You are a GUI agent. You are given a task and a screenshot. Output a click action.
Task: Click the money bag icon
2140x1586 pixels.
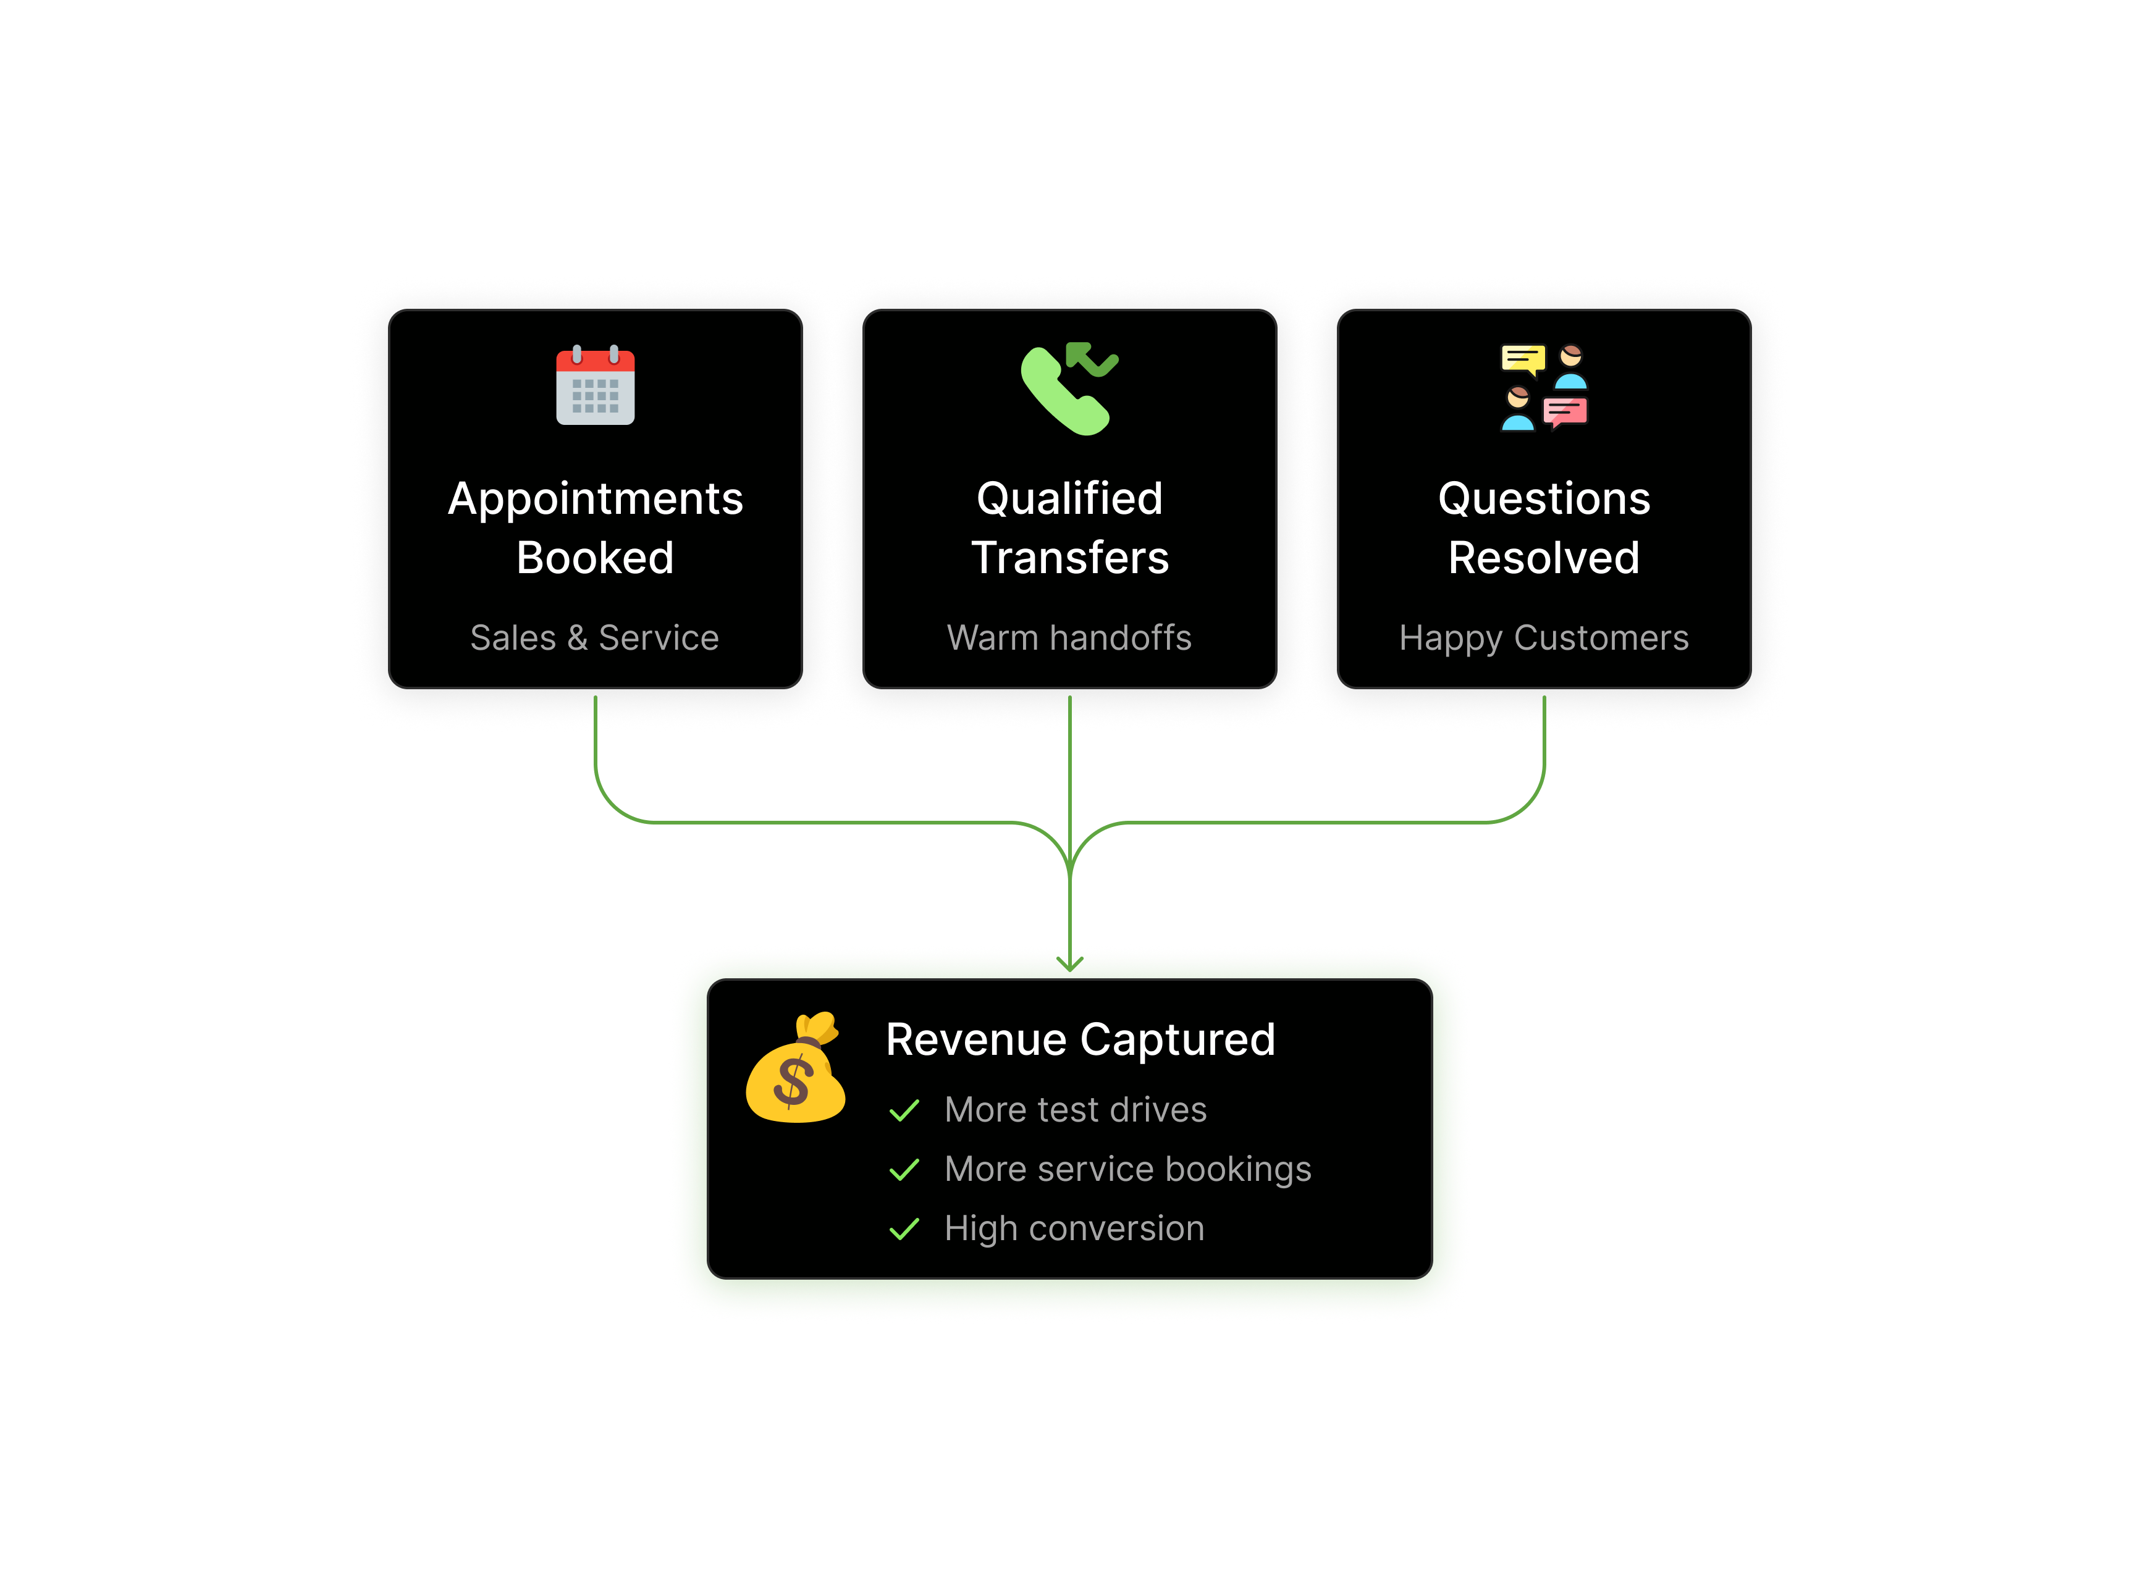(796, 1068)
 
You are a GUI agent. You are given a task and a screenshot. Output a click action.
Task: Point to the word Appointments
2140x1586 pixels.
(596, 499)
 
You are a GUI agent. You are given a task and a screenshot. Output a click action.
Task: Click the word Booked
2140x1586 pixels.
(596, 558)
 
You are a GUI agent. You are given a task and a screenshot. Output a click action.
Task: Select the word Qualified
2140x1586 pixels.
(1069, 499)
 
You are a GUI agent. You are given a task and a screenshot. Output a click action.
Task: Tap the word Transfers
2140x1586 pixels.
(1069, 558)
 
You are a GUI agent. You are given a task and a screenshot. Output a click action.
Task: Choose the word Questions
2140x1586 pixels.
(1544, 499)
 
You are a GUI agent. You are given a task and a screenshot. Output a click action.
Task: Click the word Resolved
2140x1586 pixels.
(1544, 558)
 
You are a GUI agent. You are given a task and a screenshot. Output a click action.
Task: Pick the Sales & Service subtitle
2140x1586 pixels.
(594, 637)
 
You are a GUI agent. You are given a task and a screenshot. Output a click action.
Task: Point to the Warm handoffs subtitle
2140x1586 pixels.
(1069, 637)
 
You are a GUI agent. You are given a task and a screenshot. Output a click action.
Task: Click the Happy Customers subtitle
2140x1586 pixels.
(1544, 637)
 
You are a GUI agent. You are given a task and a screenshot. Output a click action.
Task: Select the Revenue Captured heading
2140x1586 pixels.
(1080, 1040)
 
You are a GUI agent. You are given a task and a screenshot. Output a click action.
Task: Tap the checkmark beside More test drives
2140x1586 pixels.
(904, 1111)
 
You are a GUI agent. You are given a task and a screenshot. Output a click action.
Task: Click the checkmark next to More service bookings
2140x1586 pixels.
(904, 1170)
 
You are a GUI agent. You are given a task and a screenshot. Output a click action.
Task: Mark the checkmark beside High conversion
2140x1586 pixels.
(904, 1230)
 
